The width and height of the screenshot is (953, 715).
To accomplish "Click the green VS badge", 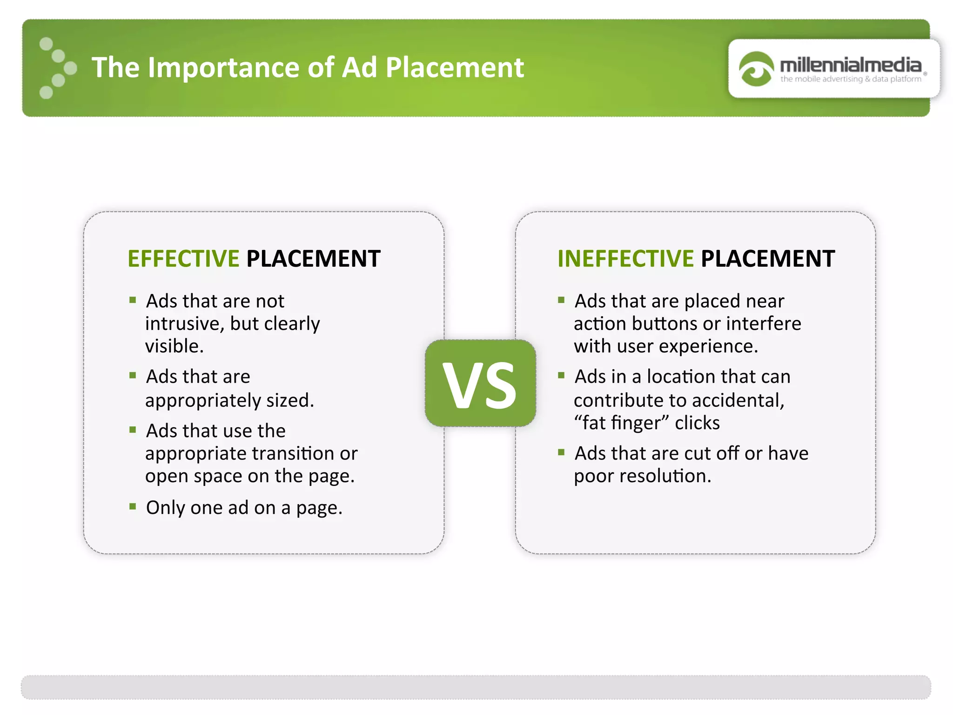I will tap(480, 383).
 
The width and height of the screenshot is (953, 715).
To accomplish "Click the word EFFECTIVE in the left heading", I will tap(183, 259).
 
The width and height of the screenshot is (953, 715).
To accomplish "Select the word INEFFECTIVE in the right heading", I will tap(625, 259).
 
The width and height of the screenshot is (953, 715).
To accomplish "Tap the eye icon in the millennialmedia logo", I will tap(756, 69).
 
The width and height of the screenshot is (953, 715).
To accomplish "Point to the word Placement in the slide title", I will tap(455, 67).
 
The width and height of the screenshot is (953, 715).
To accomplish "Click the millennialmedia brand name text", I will tap(850, 65).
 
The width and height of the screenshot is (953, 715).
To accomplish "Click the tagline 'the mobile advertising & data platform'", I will tap(851, 79).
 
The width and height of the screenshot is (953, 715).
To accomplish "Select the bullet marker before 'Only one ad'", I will tap(133, 506).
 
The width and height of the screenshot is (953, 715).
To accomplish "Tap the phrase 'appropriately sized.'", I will tap(229, 400).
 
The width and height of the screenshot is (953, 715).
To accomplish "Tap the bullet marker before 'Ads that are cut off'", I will tap(561, 452).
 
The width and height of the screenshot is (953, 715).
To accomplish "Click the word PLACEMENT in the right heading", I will tap(768, 259).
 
